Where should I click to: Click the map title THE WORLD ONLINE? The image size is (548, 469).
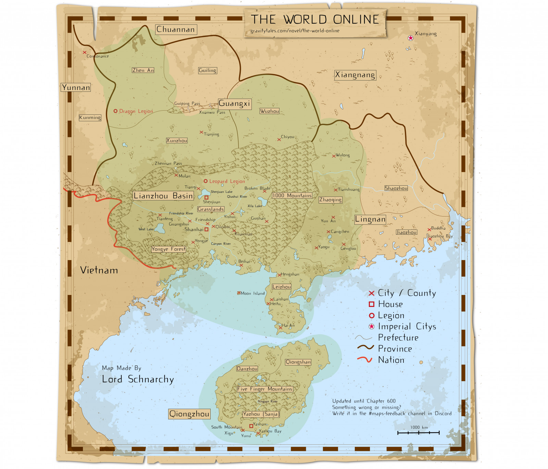[315, 19]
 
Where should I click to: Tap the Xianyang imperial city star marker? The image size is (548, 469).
[410, 38]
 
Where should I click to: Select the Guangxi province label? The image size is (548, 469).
[235, 104]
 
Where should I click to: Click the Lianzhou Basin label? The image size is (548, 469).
[163, 196]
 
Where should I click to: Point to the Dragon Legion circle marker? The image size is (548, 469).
[115, 111]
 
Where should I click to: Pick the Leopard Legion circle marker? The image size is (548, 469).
[206, 181]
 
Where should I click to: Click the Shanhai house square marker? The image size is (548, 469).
[206, 230]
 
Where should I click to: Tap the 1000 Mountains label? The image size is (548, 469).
[292, 196]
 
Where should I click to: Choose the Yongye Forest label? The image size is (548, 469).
[169, 249]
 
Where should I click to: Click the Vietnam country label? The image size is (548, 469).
[99, 270]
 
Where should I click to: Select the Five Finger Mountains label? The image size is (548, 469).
[265, 389]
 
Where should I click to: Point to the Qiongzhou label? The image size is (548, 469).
[189, 414]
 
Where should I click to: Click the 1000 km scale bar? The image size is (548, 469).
[418, 433]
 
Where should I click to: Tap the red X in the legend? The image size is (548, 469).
[371, 293]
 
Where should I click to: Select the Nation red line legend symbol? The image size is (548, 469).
[364, 360]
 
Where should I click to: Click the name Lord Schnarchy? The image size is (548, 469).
[138, 379]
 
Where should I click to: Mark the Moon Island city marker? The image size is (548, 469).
[239, 293]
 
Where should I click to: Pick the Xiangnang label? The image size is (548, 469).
[355, 75]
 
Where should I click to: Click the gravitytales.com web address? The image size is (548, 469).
[295, 31]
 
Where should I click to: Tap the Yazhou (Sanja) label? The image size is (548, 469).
[261, 414]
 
